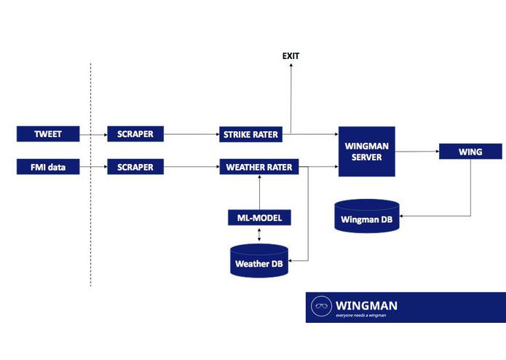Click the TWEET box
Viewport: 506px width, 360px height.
pyautogui.click(x=47, y=134)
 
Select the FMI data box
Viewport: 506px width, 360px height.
pyautogui.click(x=47, y=167)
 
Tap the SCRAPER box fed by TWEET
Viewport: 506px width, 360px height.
pyautogui.click(x=135, y=134)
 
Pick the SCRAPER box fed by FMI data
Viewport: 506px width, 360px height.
pyautogui.click(x=135, y=167)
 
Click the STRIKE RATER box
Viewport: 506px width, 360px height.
pyautogui.click(x=250, y=134)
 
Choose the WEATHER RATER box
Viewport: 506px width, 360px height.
pyautogui.click(x=259, y=167)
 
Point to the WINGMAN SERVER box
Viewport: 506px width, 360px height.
pyautogui.click(x=367, y=151)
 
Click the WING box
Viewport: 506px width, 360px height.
pyautogui.click(x=470, y=152)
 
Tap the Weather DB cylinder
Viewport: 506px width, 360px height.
pyautogui.click(x=259, y=261)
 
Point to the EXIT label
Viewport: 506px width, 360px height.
pyautogui.click(x=290, y=56)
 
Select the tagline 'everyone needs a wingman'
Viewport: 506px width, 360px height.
pyautogui.click(x=360, y=316)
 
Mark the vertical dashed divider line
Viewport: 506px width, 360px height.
pyautogui.click(x=90, y=175)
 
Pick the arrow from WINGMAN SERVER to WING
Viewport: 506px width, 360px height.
pyautogui.click(x=416, y=152)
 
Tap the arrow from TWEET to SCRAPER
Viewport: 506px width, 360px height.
pyautogui.click(x=92, y=134)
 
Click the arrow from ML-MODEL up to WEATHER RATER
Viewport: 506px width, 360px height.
pyautogui.click(x=259, y=192)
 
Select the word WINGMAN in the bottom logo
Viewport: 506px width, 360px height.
pyautogui.click(x=366, y=305)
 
